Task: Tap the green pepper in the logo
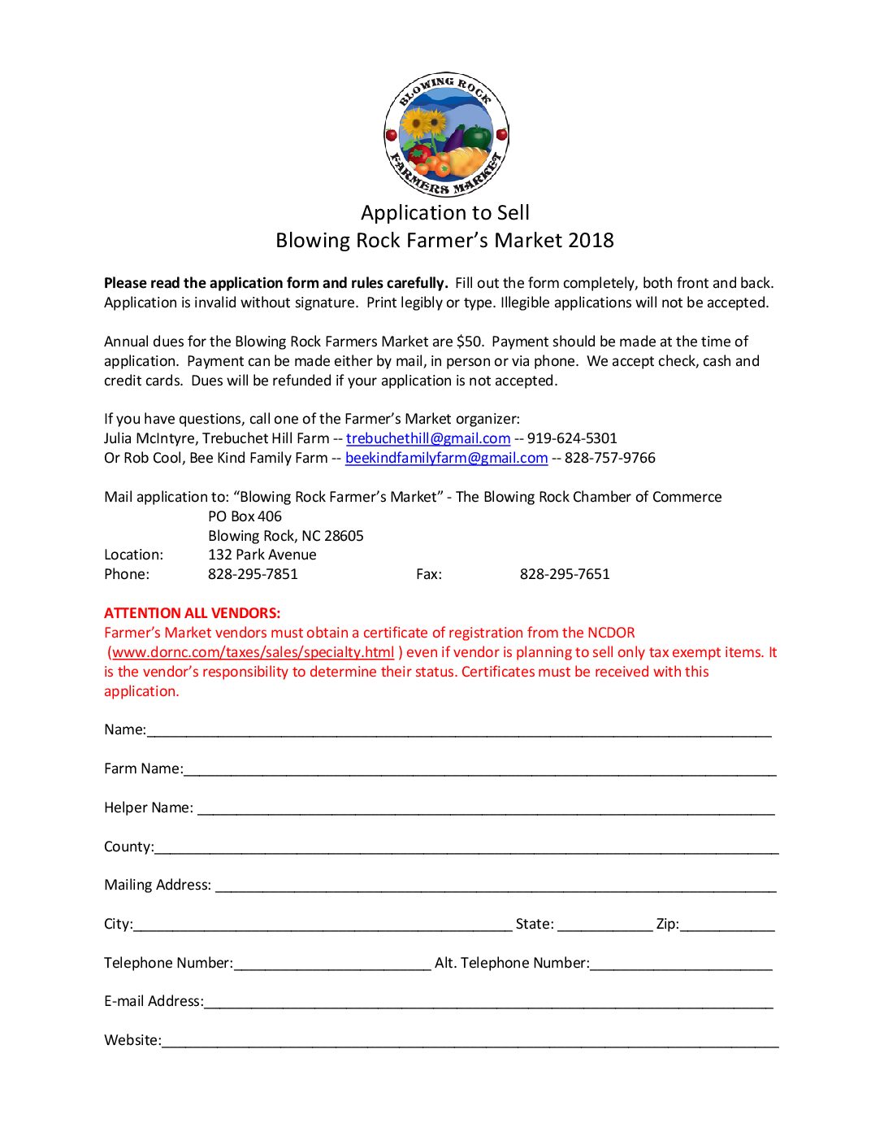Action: (479, 136)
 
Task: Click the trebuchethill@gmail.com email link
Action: (428, 438)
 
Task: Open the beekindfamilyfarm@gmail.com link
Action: (446, 458)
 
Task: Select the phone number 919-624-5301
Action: (572, 438)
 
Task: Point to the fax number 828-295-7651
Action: (565, 574)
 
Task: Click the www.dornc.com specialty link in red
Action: (253, 652)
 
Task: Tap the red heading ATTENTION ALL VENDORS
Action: (192, 613)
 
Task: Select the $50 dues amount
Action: (470, 342)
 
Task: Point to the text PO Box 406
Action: (245, 516)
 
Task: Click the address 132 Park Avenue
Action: (262, 555)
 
